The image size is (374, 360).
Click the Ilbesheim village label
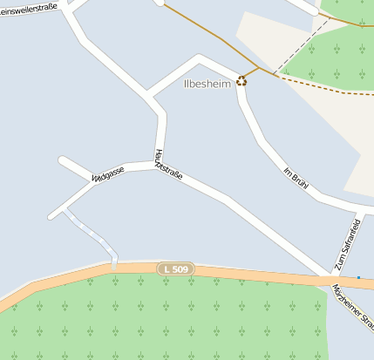(x=207, y=85)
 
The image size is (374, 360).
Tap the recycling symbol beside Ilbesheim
(x=241, y=81)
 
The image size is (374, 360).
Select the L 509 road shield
(x=174, y=269)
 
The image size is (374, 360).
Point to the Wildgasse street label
(x=108, y=174)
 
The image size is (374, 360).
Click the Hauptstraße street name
(x=167, y=165)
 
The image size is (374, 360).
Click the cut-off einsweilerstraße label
(x=28, y=8)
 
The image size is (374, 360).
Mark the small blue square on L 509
(x=358, y=278)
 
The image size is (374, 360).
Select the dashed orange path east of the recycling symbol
(x=323, y=86)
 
